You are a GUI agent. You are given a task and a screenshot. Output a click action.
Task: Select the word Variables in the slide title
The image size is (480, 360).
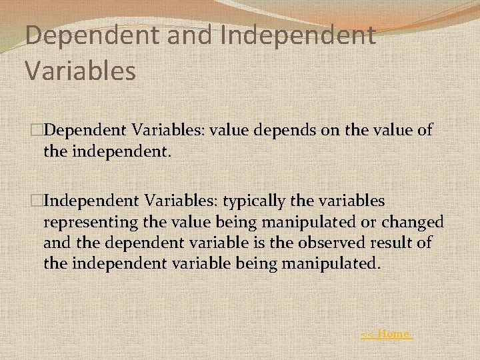80,69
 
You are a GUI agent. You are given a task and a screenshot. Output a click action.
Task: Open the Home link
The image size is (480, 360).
386,333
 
